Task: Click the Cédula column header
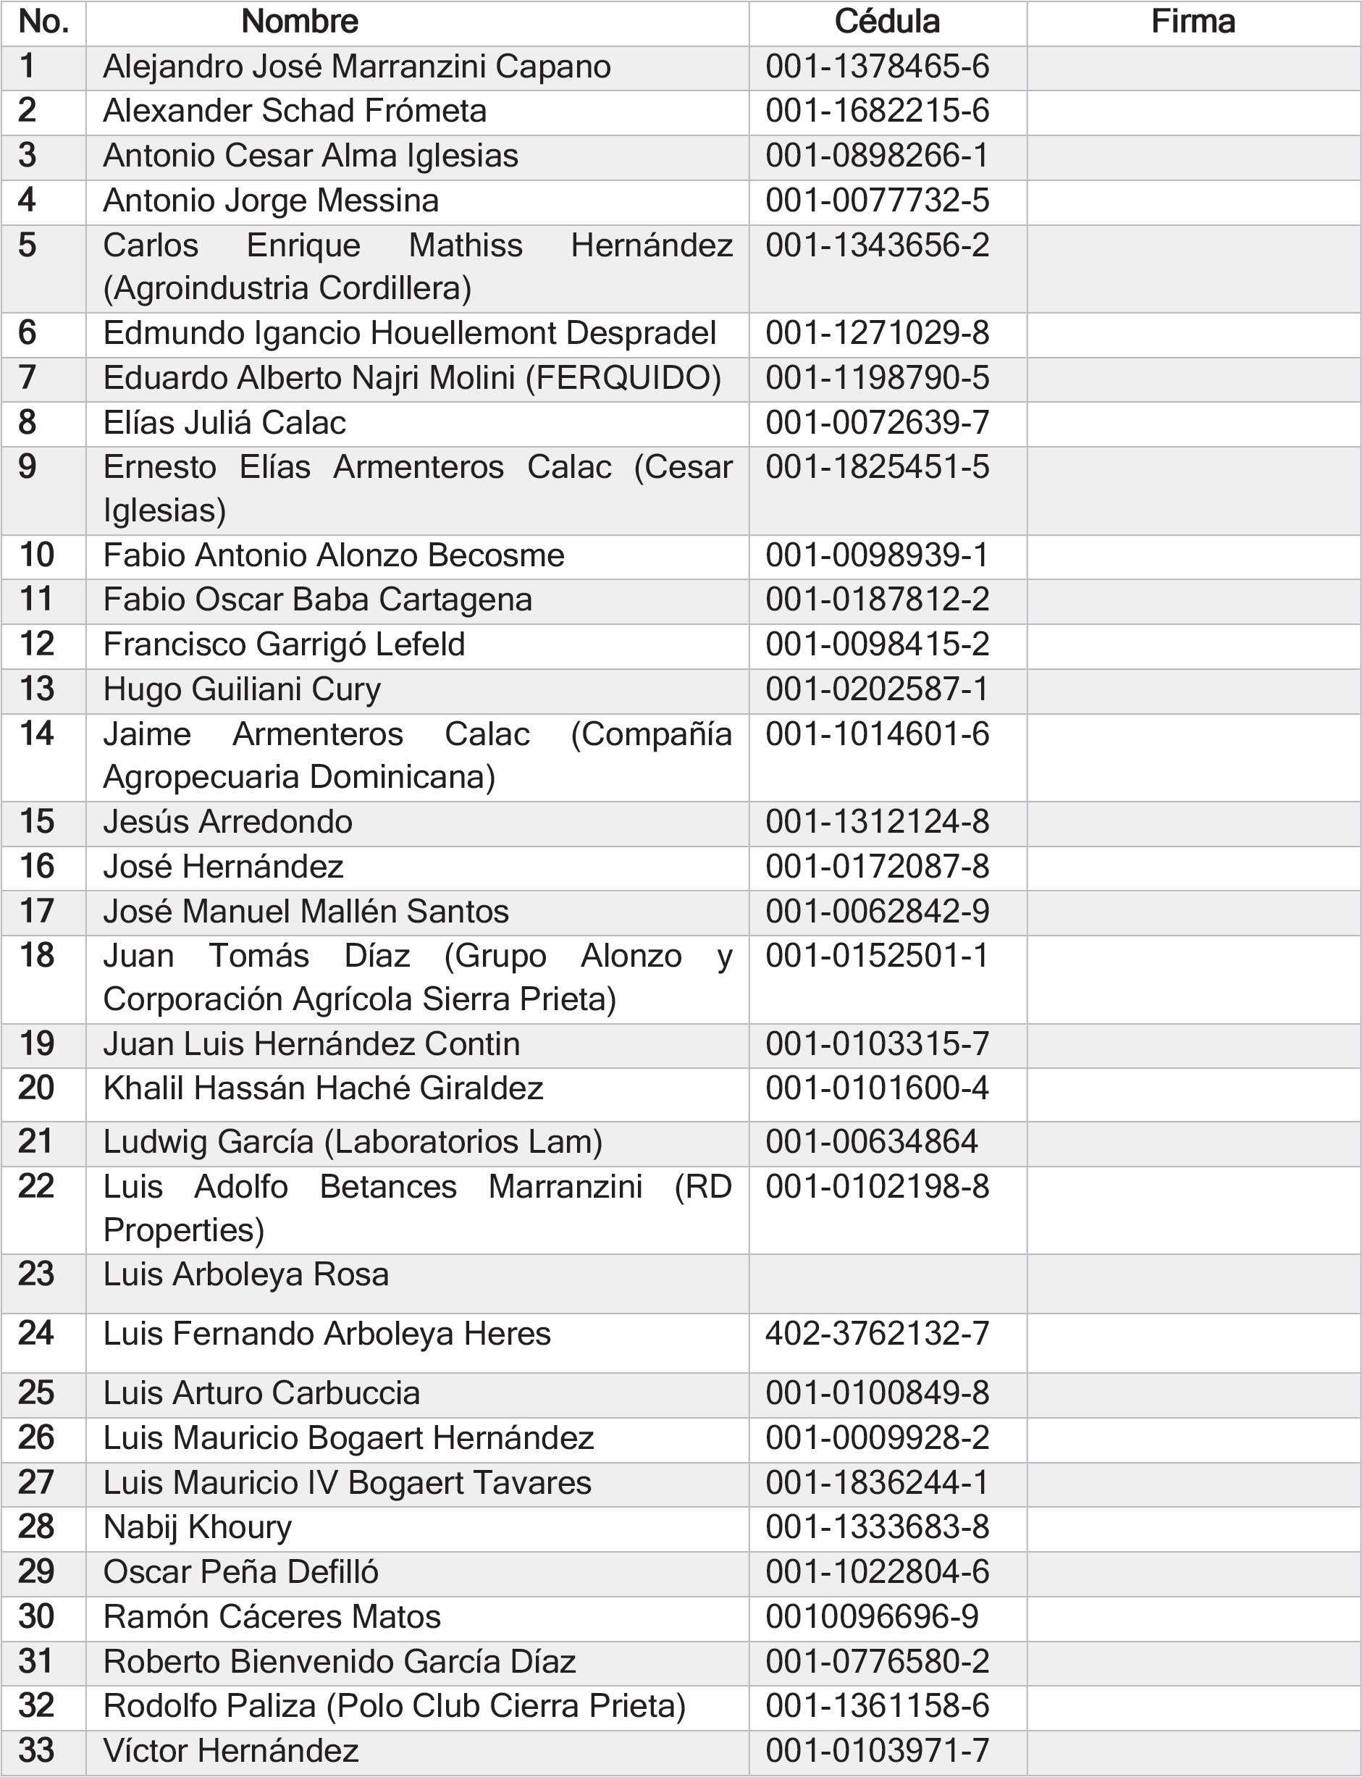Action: [887, 22]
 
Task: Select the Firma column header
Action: [1193, 22]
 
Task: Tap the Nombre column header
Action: [299, 22]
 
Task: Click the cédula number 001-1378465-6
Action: [877, 67]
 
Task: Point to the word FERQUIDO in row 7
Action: [623, 379]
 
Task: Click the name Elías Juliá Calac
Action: [224, 423]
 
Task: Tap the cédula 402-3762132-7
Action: [877, 1334]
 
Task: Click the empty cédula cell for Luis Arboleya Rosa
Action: [887, 1283]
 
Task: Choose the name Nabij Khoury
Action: [197, 1526]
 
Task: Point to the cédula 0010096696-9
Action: [872, 1616]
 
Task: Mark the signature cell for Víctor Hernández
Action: [1193, 1750]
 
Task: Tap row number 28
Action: [36, 1526]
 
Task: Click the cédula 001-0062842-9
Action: [877, 911]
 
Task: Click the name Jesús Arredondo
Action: [227, 822]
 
